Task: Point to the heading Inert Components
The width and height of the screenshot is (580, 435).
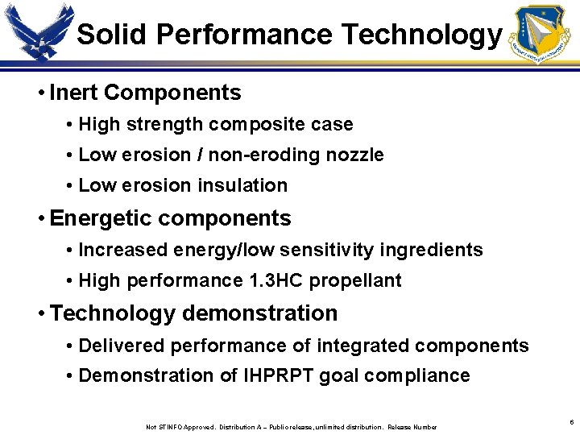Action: (145, 93)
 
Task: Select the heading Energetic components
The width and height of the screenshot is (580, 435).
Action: (170, 218)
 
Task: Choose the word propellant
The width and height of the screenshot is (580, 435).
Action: (359, 281)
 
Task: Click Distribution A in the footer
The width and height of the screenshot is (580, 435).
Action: (246, 427)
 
